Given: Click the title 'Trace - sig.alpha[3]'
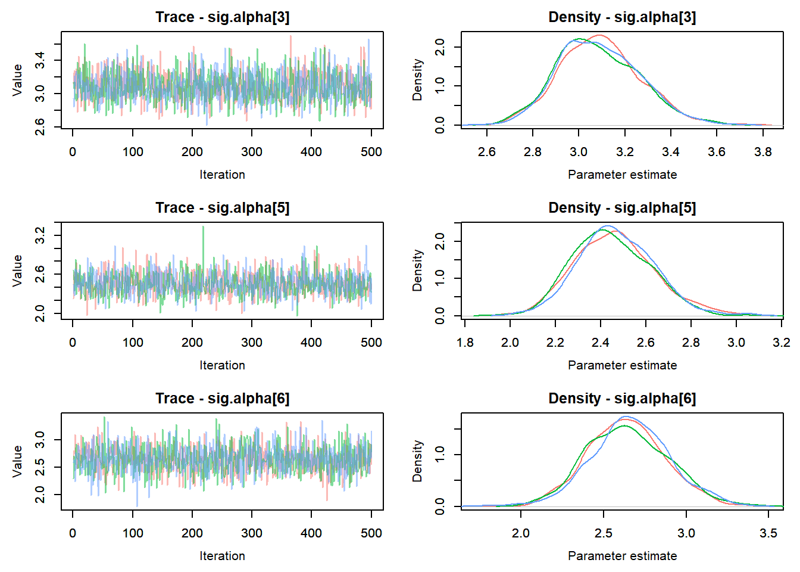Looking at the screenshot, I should pyautogui.click(x=222, y=17).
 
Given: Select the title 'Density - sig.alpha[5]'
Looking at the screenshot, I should pyautogui.click(x=622, y=208).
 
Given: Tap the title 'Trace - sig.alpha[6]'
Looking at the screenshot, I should pyautogui.click(x=222, y=399).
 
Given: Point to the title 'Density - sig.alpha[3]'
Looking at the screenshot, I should pyautogui.click(x=622, y=17).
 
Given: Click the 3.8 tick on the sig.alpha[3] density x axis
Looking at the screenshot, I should pyautogui.click(x=762, y=152).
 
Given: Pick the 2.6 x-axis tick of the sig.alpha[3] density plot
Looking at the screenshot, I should pyautogui.click(x=486, y=152).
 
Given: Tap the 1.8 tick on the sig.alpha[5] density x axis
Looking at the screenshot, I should pyautogui.click(x=465, y=343).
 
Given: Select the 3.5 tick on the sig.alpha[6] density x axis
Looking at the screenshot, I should pyautogui.click(x=768, y=533).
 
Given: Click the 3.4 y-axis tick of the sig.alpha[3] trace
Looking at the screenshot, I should pyautogui.click(x=40, y=60).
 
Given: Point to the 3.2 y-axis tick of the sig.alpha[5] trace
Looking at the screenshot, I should pyautogui.click(x=40, y=235).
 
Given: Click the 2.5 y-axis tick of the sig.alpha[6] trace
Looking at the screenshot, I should pyautogui.click(x=40, y=467).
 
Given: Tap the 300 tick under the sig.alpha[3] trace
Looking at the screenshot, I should pyautogui.click(x=252, y=152).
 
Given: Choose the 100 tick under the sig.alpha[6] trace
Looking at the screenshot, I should pyautogui.click(x=133, y=533).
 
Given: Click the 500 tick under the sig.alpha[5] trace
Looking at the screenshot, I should pyautogui.click(x=371, y=343).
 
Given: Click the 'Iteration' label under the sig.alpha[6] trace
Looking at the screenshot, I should pyautogui.click(x=222, y=556).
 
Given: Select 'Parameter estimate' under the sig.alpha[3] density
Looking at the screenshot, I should pyautogui.click(x=622, y=175).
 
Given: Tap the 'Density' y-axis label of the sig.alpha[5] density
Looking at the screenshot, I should pyautogui.click(x=417, y=271).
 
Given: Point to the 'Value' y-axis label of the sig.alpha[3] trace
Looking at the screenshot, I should pyautogui.click(x=17, y=80).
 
